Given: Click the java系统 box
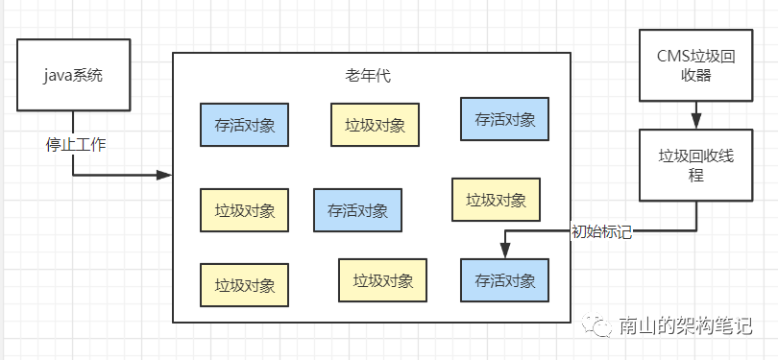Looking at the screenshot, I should click(73, 74).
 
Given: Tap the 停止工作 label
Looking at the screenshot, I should click(76, 145).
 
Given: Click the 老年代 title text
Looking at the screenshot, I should click(368, 74).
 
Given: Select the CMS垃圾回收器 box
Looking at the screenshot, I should click(694, 66).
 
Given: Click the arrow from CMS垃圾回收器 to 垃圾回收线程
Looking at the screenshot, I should click(694, 116).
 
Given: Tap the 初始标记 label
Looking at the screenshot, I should click(601, 231).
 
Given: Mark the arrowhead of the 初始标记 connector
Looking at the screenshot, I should click(505, 252).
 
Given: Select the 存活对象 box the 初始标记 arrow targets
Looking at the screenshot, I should click(505, 281).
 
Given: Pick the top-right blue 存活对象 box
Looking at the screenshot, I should click(505, 120).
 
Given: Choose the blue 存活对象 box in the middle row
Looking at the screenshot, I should click(357, 210).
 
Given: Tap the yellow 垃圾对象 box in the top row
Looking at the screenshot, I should click(375, 124).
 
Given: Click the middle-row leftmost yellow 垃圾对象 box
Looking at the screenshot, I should click(245, 210).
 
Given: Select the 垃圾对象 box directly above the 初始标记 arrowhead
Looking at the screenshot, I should click(496, 200).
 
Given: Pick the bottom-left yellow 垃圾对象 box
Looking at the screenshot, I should click(245, 285).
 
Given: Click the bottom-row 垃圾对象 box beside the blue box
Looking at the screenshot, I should click(382, 280).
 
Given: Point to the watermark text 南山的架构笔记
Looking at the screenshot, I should click(684, 326).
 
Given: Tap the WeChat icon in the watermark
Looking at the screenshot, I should click(600, 326).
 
